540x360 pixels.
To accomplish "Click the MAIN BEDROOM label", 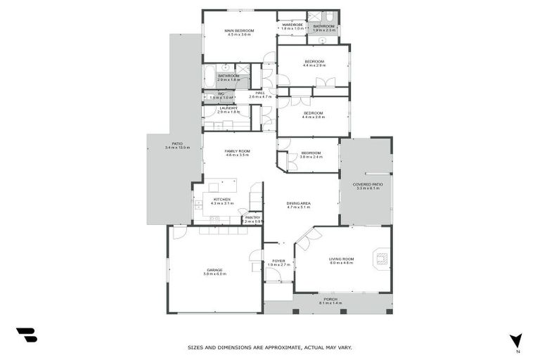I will (239, 31).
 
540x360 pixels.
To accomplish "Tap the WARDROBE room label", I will (292, 25).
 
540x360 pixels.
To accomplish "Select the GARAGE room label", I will (214, 270).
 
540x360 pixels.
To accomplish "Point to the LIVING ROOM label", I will (342, 259).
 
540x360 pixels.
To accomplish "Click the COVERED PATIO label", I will (366, 184).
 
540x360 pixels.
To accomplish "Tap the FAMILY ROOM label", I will (238, 151).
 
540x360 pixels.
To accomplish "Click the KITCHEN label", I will (222, 199).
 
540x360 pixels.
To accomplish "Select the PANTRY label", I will (252, 217).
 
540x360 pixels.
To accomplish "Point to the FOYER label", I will (278, 261).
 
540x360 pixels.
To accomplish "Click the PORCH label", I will (330, 299).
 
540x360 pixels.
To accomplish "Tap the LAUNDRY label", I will (228, 108).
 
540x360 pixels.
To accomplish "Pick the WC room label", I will (221, 94).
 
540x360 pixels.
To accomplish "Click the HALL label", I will (260, 92).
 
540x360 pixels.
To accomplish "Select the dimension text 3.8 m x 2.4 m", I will (311, 157).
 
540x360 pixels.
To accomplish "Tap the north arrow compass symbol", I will (516, 340).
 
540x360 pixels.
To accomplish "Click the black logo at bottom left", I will (26, 335).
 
